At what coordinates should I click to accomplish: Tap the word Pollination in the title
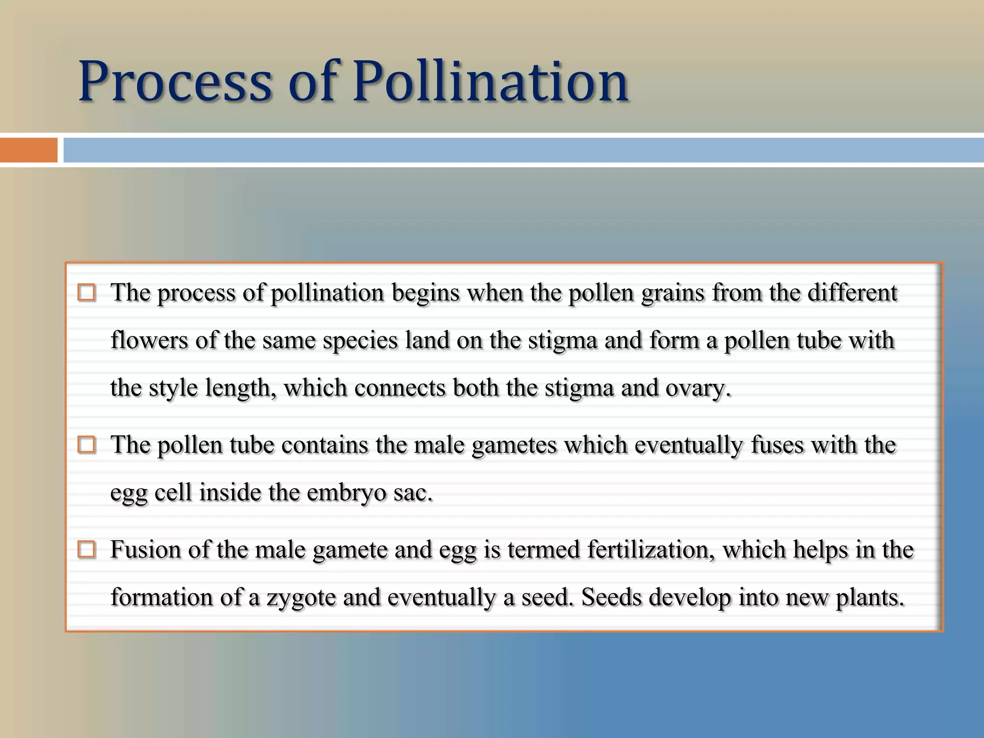pyautogui.click(x=491, y=82)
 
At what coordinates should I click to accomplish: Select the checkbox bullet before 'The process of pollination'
pyautogui.click(x=86, y=293)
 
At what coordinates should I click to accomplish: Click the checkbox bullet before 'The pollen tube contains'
pyautogui.click(x=86, y=445)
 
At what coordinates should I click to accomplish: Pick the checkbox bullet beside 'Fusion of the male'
pyautogui.click(x=86, y=549)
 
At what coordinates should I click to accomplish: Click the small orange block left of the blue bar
pyautogui.click(x=29, y=150)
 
